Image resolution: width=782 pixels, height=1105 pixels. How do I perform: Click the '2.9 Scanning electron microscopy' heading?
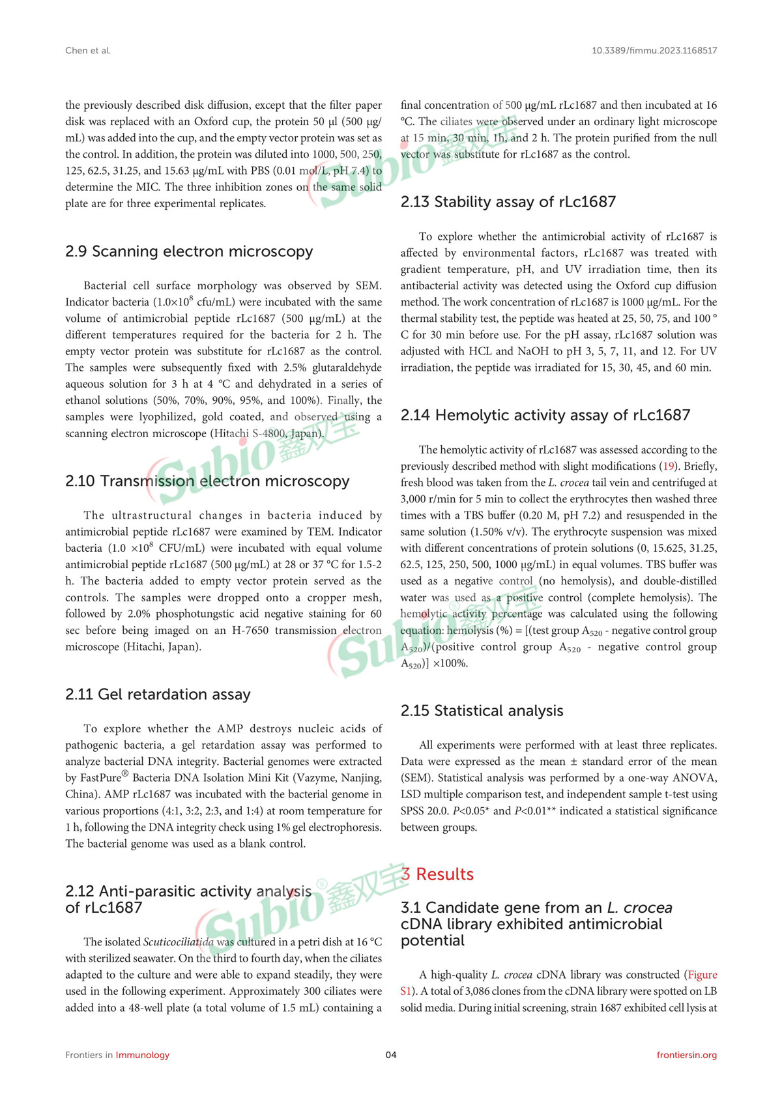click(189, 251)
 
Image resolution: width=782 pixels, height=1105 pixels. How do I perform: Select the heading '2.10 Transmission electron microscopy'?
click(207, 481)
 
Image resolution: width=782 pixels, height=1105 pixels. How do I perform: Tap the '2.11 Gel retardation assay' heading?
click(158, 695)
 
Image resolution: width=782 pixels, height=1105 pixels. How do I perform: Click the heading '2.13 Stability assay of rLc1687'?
click(508, 202)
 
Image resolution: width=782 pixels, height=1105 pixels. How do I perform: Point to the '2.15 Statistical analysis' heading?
click(482, 711)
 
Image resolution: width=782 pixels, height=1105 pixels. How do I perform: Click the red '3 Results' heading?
click(438, 874)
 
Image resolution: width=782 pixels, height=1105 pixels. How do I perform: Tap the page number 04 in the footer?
click(391, 1055)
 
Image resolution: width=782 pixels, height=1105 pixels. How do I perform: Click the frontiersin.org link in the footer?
click(686, 1055)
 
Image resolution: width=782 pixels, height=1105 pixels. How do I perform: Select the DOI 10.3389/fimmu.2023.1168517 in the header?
click(654, 50)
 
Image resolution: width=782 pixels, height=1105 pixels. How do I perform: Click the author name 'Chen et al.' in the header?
click(88, 50)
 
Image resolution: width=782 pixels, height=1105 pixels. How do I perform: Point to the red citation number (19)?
click(669, 466)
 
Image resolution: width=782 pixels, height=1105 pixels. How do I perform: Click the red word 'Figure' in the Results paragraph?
click(702, 975)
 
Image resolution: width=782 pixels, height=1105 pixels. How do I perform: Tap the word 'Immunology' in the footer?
click(142, 1055)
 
